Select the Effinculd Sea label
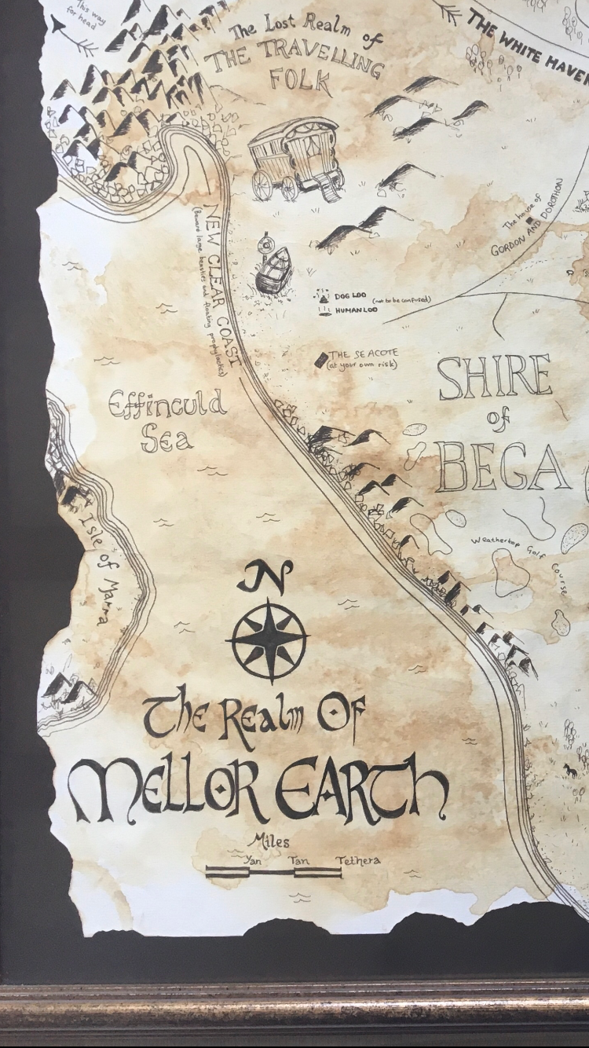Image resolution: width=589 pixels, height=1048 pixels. tap(167, 421)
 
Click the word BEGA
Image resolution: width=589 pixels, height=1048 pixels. tap(503, 467)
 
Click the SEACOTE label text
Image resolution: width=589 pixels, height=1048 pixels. tap(364, 355)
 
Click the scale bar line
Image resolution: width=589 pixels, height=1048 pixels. tap(273, 870)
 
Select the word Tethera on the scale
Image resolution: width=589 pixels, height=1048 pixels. tap(358, 859)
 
